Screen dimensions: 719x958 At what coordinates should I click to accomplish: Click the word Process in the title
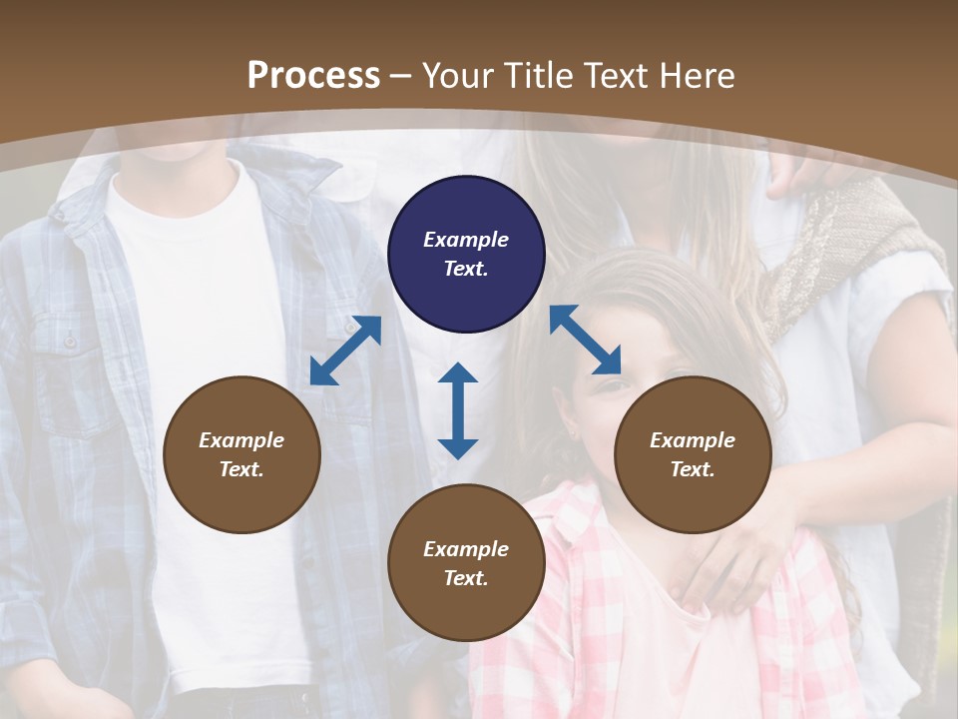tap(313, 76)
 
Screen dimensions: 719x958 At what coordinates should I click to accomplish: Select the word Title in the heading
tap(538, 76)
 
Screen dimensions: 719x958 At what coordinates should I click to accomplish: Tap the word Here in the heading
tap(697, 76)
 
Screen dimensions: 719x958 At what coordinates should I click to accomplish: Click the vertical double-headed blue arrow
tap(458, 410)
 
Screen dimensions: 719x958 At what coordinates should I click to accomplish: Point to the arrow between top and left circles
tap(345, 351)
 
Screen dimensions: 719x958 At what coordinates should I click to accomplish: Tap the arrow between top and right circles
tap(585, 340)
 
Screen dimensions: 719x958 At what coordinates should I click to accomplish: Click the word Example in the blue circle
tap(466, 240)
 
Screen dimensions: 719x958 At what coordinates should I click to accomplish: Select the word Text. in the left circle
tap(241, 469)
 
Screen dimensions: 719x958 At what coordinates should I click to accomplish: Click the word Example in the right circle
tap(693, 440)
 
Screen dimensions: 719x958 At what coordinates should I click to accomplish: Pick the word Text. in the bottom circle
tap(466, 578)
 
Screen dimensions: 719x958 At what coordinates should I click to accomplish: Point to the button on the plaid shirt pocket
tap(70, 342)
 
